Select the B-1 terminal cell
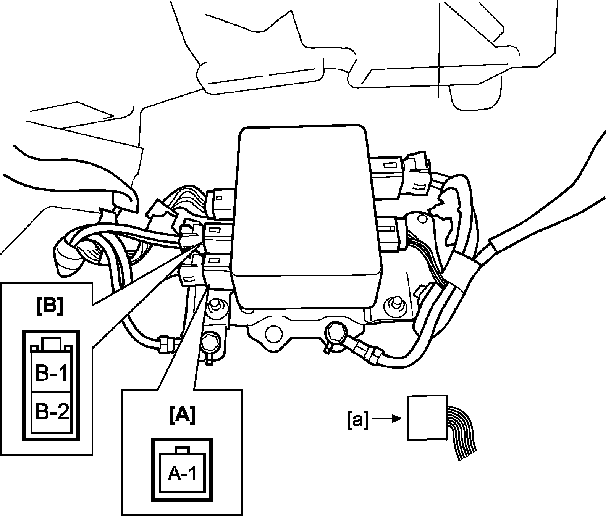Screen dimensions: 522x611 [51, 373]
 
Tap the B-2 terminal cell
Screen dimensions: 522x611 [51, 412]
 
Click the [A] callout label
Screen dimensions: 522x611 [182, 415]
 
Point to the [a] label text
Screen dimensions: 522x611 [358, 420]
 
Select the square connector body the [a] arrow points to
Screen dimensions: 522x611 [427, 418]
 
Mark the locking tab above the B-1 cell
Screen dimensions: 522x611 [51, 344]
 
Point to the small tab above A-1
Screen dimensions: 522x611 [182, 449]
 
